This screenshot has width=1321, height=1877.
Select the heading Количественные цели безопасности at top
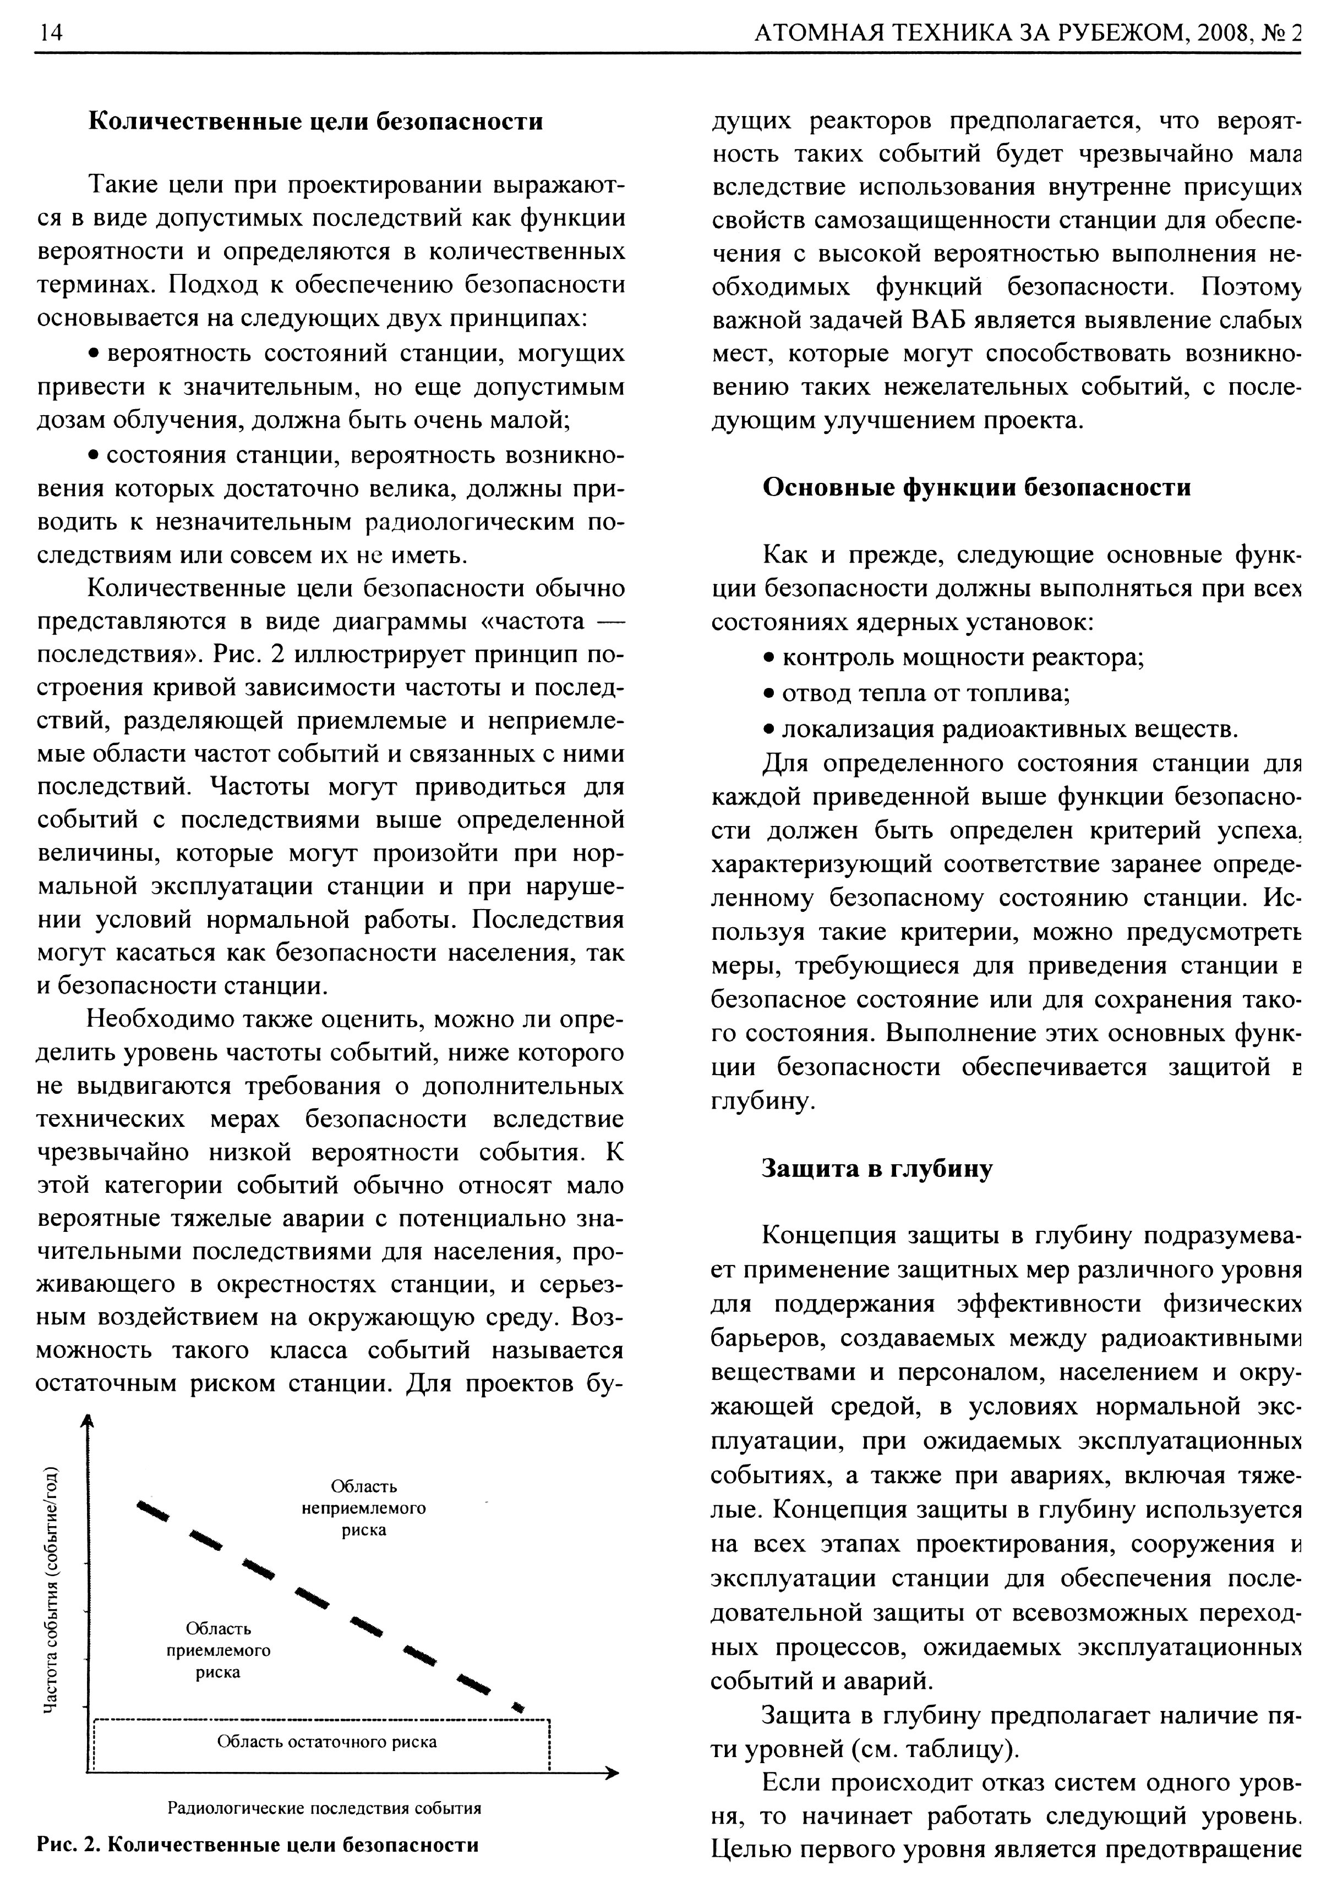[315, 122]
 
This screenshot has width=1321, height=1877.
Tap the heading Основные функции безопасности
[976, 488]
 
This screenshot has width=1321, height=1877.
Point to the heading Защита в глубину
[877, 1169]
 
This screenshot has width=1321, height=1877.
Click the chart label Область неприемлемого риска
[364, 1507]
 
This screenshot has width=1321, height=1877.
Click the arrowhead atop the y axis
[88, 1423]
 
